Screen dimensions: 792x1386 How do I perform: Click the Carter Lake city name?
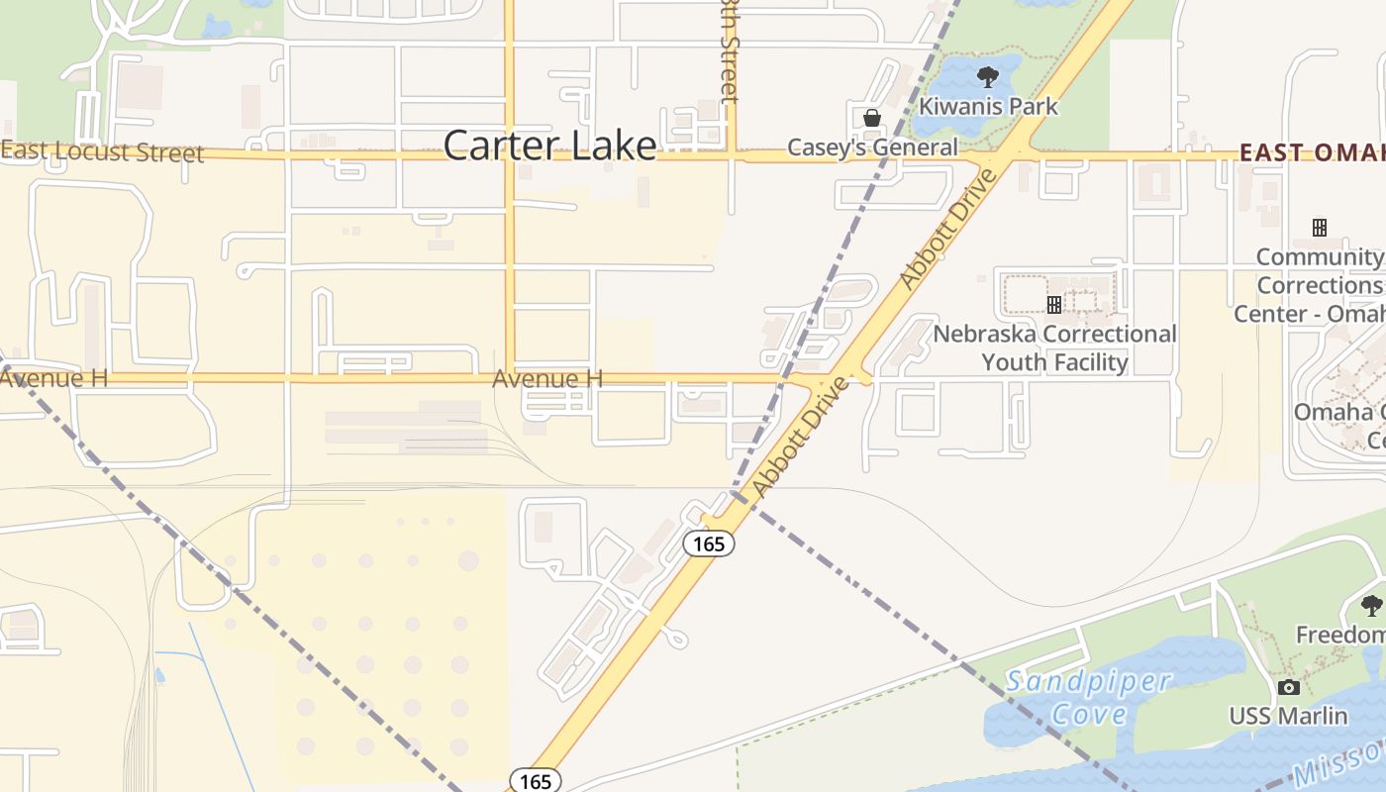(x=549, y=146)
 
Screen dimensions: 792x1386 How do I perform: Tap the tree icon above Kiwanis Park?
(x=987, y=76)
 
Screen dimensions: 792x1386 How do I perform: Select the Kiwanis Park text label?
(x=988, y=106)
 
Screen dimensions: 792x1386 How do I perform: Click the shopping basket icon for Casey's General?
(x=871, y=118)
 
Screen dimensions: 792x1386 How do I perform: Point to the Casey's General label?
(x=872, y=148)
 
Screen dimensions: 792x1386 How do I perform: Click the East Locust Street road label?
(x=103, y=151)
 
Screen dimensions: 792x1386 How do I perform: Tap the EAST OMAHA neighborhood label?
(x=1312, y=151)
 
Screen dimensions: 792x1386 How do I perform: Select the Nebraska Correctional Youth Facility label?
(x=1054, y=347)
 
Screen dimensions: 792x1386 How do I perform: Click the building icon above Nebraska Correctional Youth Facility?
(x=1054, y=304)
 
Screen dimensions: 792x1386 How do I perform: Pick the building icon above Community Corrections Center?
(x=1319, y=228)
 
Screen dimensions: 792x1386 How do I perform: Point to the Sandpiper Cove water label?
(x=1088, y=697)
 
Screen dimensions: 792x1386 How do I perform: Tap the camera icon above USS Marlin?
(x=1288, y=687)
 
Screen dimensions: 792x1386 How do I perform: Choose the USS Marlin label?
(x=1288, y=715)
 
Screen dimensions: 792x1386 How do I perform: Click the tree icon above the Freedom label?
(x=1371, y=605)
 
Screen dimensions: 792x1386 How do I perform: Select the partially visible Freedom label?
(x=1341, y=634)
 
